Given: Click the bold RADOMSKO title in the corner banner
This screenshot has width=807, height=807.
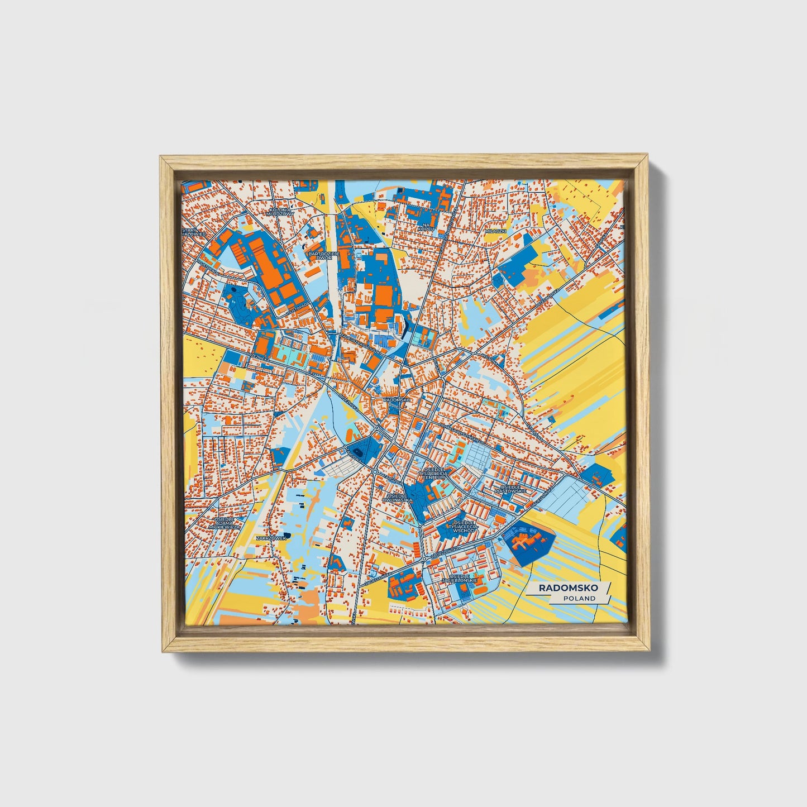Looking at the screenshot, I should (x=568, y=588).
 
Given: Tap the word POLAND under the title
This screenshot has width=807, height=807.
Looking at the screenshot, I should (x=579, y=598).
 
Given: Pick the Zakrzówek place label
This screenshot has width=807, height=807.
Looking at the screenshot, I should (x=271, y=537).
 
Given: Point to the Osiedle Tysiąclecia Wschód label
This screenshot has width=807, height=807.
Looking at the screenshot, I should (x=465, y=527).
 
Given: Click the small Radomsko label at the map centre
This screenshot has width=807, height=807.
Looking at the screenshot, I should (x=397, y=400).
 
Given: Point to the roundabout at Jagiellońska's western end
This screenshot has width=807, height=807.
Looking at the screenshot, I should (x=424, y=558).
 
